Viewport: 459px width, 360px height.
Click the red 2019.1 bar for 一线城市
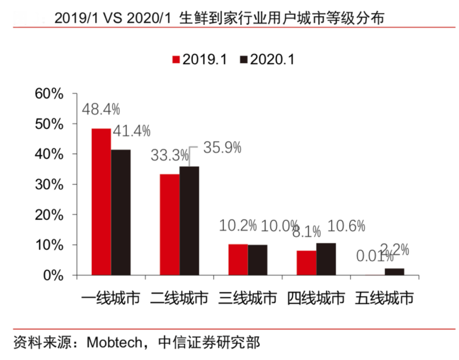[101, 202]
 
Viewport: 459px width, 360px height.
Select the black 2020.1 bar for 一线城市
[121, 213]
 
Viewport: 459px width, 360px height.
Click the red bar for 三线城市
[238, 259]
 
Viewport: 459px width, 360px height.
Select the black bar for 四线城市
[326, 259]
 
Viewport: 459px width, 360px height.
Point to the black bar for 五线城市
[394, 272]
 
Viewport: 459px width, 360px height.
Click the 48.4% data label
[101, 110]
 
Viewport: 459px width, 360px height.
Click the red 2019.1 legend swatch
[176, 60]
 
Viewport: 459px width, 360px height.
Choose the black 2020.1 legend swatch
[244, 60]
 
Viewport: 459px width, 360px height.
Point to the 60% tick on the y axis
[49, 94]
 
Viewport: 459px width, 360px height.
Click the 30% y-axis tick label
[49, 185]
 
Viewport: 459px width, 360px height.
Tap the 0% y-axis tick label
[53, 275]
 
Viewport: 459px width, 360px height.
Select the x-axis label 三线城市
[248, 298]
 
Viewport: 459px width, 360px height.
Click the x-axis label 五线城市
[385, 298]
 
